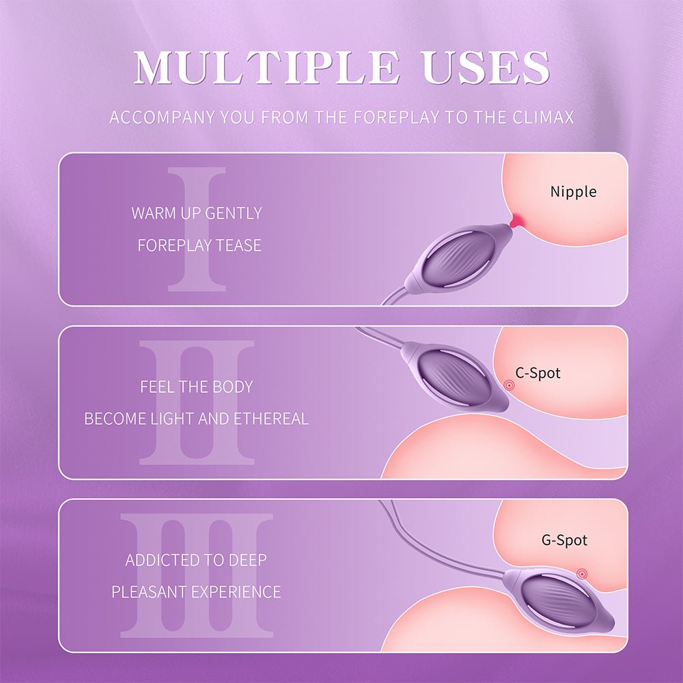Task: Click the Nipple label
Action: tap(573, 192)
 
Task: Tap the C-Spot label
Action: tap(538, 373)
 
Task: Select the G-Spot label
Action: tap(564, 540)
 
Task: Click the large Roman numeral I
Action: tap(197, 229)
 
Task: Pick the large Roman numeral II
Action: tap(197, 402)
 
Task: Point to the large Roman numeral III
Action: tap(197, 575)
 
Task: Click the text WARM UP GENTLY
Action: tap(197, 213)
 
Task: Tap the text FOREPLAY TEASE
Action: tap(199, 245)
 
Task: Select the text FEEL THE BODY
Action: tap(197, 387)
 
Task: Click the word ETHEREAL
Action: tap(271, 419)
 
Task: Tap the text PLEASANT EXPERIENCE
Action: tap(197, 592)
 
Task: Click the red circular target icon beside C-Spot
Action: tap(509, 385)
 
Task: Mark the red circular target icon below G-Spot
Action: tap(582, 574)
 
